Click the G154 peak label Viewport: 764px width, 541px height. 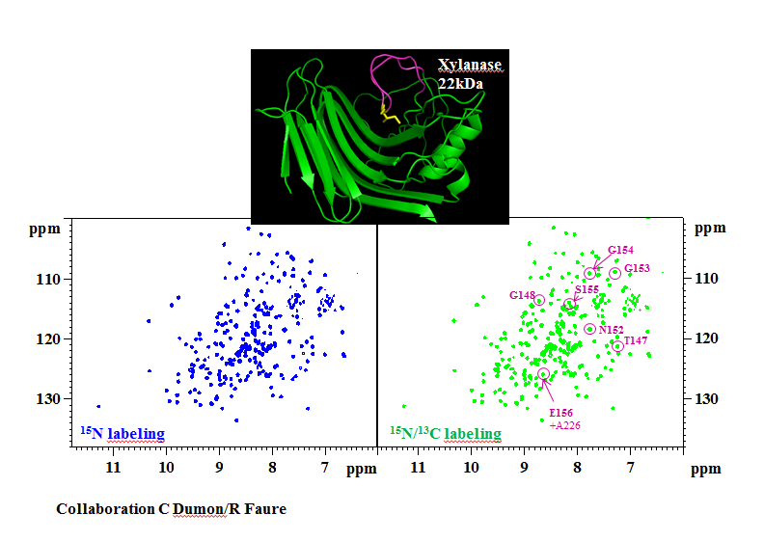tap(620, 250)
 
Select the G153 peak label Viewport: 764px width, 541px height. tap(637, 268)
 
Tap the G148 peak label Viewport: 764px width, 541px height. tap(522, 294)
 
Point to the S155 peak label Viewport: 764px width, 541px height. tap(587, 288)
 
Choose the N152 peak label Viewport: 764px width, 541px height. tap(611, 330)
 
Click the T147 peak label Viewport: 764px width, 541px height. tap(636, 340)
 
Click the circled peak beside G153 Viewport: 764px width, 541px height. tap(614, 274)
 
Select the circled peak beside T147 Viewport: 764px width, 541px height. tap(618, 346)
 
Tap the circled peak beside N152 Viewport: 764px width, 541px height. tap(589, 329)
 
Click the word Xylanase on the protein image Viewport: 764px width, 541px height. tap(470, 66)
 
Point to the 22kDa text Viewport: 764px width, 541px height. tap(460, 83)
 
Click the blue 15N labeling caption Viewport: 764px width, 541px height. tap(122, 433)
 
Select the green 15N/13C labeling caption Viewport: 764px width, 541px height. tap(445, 434)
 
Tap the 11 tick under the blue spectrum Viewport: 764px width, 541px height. tap(113, 468)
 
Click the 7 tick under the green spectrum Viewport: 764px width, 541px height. tap(631, 468)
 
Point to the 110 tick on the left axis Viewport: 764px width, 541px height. tap(48, 279)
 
